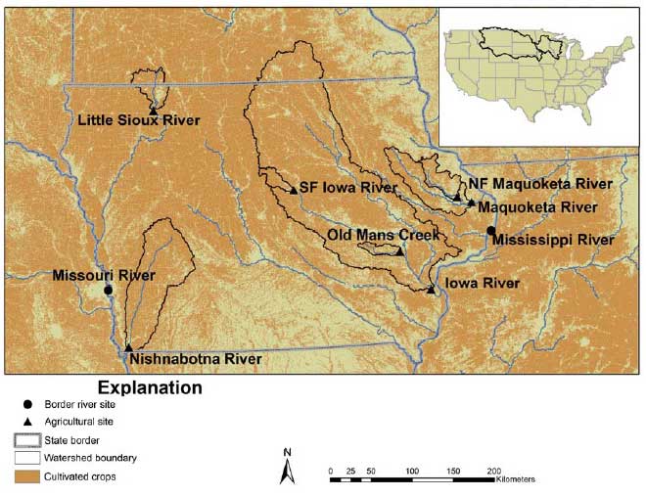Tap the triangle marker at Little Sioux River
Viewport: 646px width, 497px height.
(x=153, y=112)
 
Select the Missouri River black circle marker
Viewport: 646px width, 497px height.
(x=108, y=290)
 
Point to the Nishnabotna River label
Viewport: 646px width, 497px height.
(x=195, y=360)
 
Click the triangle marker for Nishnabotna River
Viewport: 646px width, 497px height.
(x=129, y=347)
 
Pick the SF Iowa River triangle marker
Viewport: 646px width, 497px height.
(x=293, y=190)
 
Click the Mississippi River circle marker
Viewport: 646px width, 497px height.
(x=490, y=231)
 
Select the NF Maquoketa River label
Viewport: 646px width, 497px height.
(x=539, y=184)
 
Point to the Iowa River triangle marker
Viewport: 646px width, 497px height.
(x=432, y=290)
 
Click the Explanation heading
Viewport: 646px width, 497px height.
(x=149, y=388)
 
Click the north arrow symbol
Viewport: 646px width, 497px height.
(x=287, y=469)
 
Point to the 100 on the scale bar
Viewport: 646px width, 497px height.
(x=412, y=471)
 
